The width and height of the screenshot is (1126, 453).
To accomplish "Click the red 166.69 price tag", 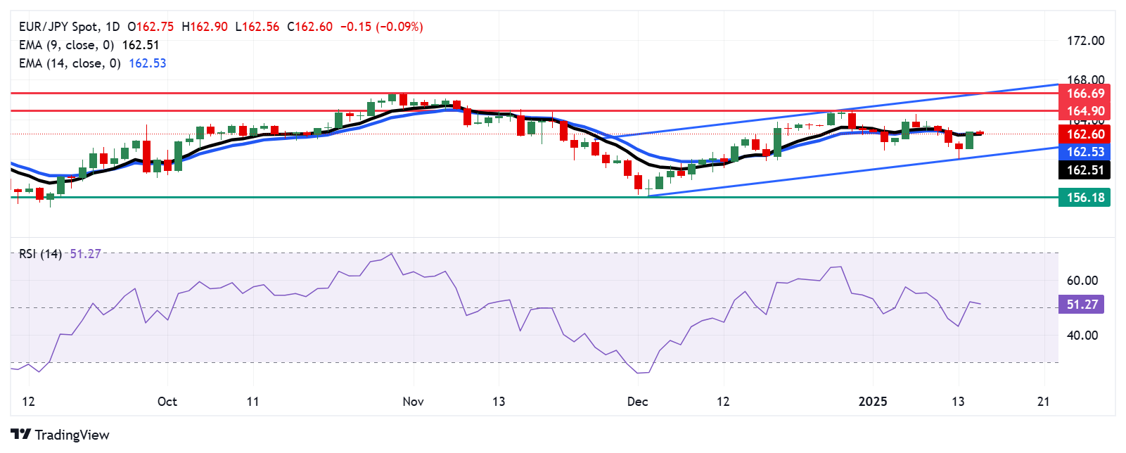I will click(1085, 94).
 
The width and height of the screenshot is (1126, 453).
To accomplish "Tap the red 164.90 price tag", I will click(1085, 111).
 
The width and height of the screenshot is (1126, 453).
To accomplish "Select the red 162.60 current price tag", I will click(1085, 134).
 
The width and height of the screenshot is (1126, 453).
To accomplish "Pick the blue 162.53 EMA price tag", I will click(1085, 152).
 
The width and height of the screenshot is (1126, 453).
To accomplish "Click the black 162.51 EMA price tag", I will click(1085, 170).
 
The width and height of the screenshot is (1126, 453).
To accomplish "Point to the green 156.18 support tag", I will click(1085, 198).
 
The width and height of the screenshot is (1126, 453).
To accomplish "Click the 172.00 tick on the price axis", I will click(1085, 41).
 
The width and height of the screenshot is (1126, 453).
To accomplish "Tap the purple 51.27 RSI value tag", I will click(1082, 305).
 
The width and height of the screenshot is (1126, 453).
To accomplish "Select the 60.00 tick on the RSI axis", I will click(1082, 281).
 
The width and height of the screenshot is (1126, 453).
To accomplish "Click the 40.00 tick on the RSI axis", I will click(1082, 336).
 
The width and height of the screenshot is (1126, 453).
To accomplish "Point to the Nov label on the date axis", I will click(413, 402).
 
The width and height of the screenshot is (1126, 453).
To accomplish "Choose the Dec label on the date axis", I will click(637, 402).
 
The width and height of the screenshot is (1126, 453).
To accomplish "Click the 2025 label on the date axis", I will click(873, 402).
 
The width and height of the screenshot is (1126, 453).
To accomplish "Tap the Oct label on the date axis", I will click(167, 402).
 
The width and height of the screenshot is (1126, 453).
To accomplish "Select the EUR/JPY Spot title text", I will click(59, 27).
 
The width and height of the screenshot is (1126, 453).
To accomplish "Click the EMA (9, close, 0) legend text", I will click(66, 45).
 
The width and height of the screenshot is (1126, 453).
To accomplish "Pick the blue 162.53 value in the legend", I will click(148, 63).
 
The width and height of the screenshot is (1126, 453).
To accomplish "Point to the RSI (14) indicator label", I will click(40, 254).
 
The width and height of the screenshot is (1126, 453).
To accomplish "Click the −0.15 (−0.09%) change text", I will click(381, 27).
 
